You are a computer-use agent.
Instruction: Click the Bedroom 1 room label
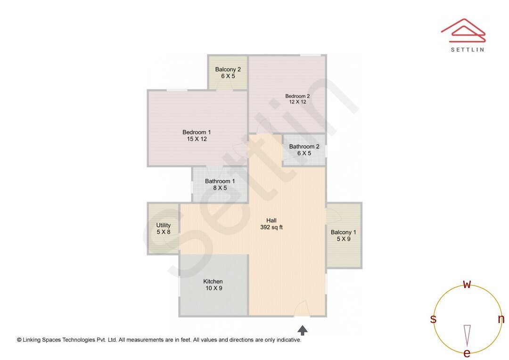tap(197, 132)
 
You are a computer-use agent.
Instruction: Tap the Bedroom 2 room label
tap(297, 96)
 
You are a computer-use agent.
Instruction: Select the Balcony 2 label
tap(228, 70)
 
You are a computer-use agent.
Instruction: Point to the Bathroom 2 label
tap(304, 147)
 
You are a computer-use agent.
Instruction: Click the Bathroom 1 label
tap(220, 181)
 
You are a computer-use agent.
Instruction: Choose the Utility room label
tap(164, 225)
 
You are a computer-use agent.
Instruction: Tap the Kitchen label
tap(213, 282)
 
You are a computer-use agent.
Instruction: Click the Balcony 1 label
tap(343, 232)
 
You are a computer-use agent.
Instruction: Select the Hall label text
tap(271, 221)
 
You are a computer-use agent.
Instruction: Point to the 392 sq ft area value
tap(271, 227)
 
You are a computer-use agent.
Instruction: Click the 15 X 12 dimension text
tap(197, 139)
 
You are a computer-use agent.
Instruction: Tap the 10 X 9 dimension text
tap(213, 288)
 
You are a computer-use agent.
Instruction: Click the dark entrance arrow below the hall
tap(303, 330)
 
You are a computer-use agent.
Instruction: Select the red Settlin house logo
tap(463, 29)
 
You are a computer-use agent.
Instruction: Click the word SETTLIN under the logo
tap(467, 49)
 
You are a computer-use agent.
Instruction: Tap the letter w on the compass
tap(467, 284)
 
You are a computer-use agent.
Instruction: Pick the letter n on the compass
tap(501, 319)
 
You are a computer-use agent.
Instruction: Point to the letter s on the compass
tap(433, 319)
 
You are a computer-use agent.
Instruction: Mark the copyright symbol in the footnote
tap(19, 340)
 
